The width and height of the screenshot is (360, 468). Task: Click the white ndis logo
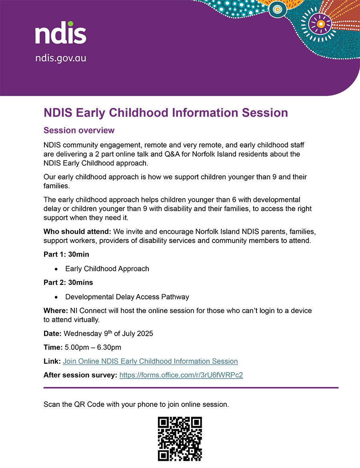click(60, 33)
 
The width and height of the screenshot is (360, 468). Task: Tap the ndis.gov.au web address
click(60, 58)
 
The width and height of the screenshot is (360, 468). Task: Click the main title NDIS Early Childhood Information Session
click(166, 113)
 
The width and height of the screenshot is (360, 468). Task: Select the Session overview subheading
click(79, 131)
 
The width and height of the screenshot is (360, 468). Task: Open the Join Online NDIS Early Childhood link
click(150, 361)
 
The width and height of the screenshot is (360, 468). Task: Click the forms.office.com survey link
click(181, 375)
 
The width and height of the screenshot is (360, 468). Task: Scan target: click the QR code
click(180, 439)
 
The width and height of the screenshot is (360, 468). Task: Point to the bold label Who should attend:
click(78, 231)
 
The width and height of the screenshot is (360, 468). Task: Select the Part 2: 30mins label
click(68, 283)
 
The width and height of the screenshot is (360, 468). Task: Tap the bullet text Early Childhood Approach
click(107, 269)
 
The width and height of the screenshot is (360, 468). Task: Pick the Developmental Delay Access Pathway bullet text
click(127, 297)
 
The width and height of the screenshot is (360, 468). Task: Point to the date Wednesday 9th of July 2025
click(108, 333)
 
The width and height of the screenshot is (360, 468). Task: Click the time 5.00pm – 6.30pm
click(92, 347)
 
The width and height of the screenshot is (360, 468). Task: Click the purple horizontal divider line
click(191, 387)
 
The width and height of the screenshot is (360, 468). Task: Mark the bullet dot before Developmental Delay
click(57, 297)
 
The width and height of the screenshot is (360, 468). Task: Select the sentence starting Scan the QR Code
click(136, 404)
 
